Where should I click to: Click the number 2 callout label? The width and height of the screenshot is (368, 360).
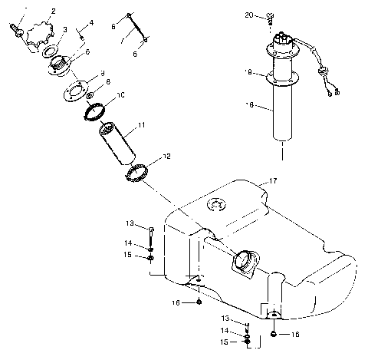pyautogui.click(x=53, y=12)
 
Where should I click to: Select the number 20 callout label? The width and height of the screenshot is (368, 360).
pyautogui.click(x=248, y=15)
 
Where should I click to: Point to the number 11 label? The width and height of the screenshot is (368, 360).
pyautogui.click(x=140, y=124)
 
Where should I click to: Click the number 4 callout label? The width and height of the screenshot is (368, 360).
pyautogui.click(x=91, y=23)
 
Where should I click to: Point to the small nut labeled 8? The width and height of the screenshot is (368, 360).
pyautogui.click(x=90, y=96)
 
